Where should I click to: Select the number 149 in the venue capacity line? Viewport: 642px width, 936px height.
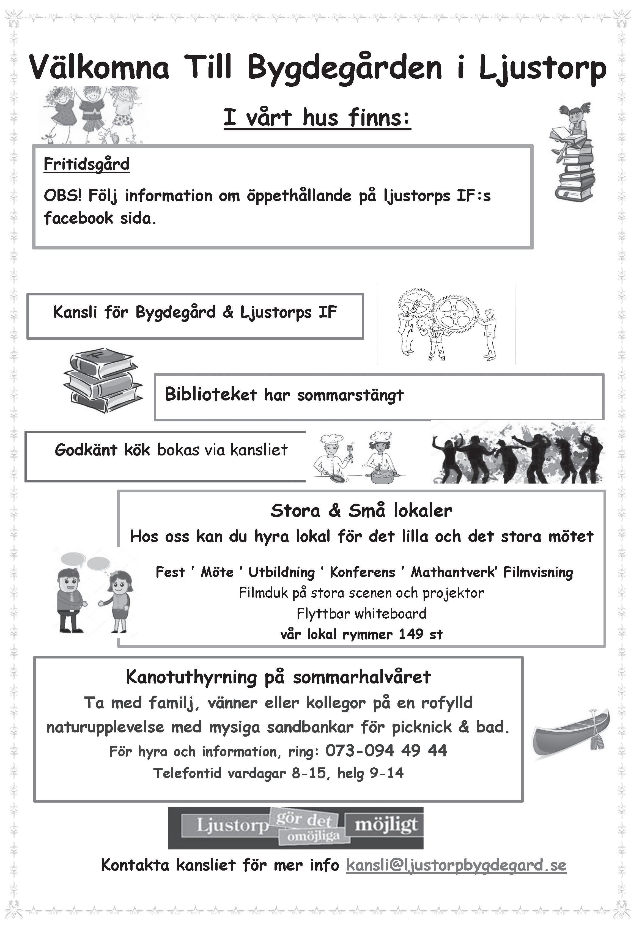[x=411, y=634]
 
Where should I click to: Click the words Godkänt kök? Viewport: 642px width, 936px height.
[x=102, y=449]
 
